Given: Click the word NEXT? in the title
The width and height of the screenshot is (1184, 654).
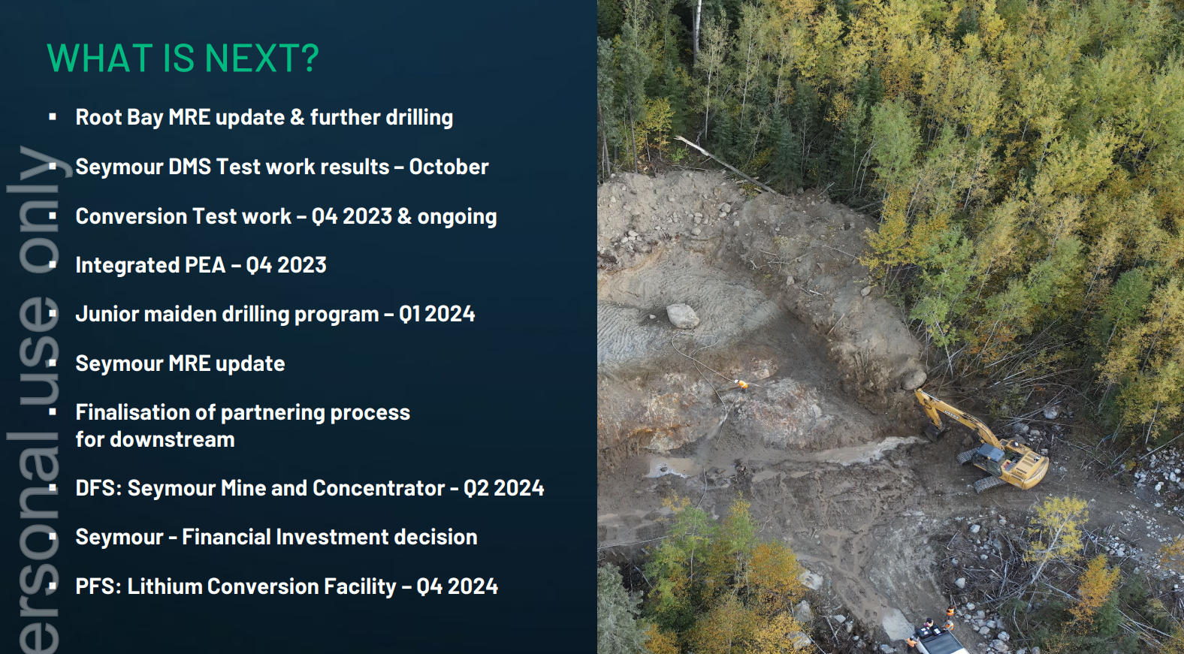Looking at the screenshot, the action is tap(261, 58).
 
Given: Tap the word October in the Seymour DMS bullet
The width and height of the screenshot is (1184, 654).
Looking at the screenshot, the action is tap(449, 167).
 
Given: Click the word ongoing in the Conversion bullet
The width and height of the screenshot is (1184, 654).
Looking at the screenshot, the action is tap(458, 216).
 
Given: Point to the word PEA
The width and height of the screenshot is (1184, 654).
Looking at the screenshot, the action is tap(205, 265).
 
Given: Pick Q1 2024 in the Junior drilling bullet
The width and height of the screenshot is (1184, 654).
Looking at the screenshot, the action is tap(437, 315).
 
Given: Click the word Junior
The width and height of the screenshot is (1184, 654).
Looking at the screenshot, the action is tap(107, 315).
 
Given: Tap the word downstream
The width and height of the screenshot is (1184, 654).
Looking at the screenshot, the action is tap(172, 439).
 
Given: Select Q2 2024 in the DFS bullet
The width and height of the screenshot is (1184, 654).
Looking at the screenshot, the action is tap(504, 488).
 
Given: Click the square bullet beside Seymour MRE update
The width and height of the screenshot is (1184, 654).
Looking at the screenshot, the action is tap(53, 363).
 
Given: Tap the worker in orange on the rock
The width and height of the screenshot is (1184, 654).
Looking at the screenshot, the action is tap(742, 384).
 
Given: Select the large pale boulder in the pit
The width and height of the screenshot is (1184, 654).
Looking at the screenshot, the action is tap(682, 316).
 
